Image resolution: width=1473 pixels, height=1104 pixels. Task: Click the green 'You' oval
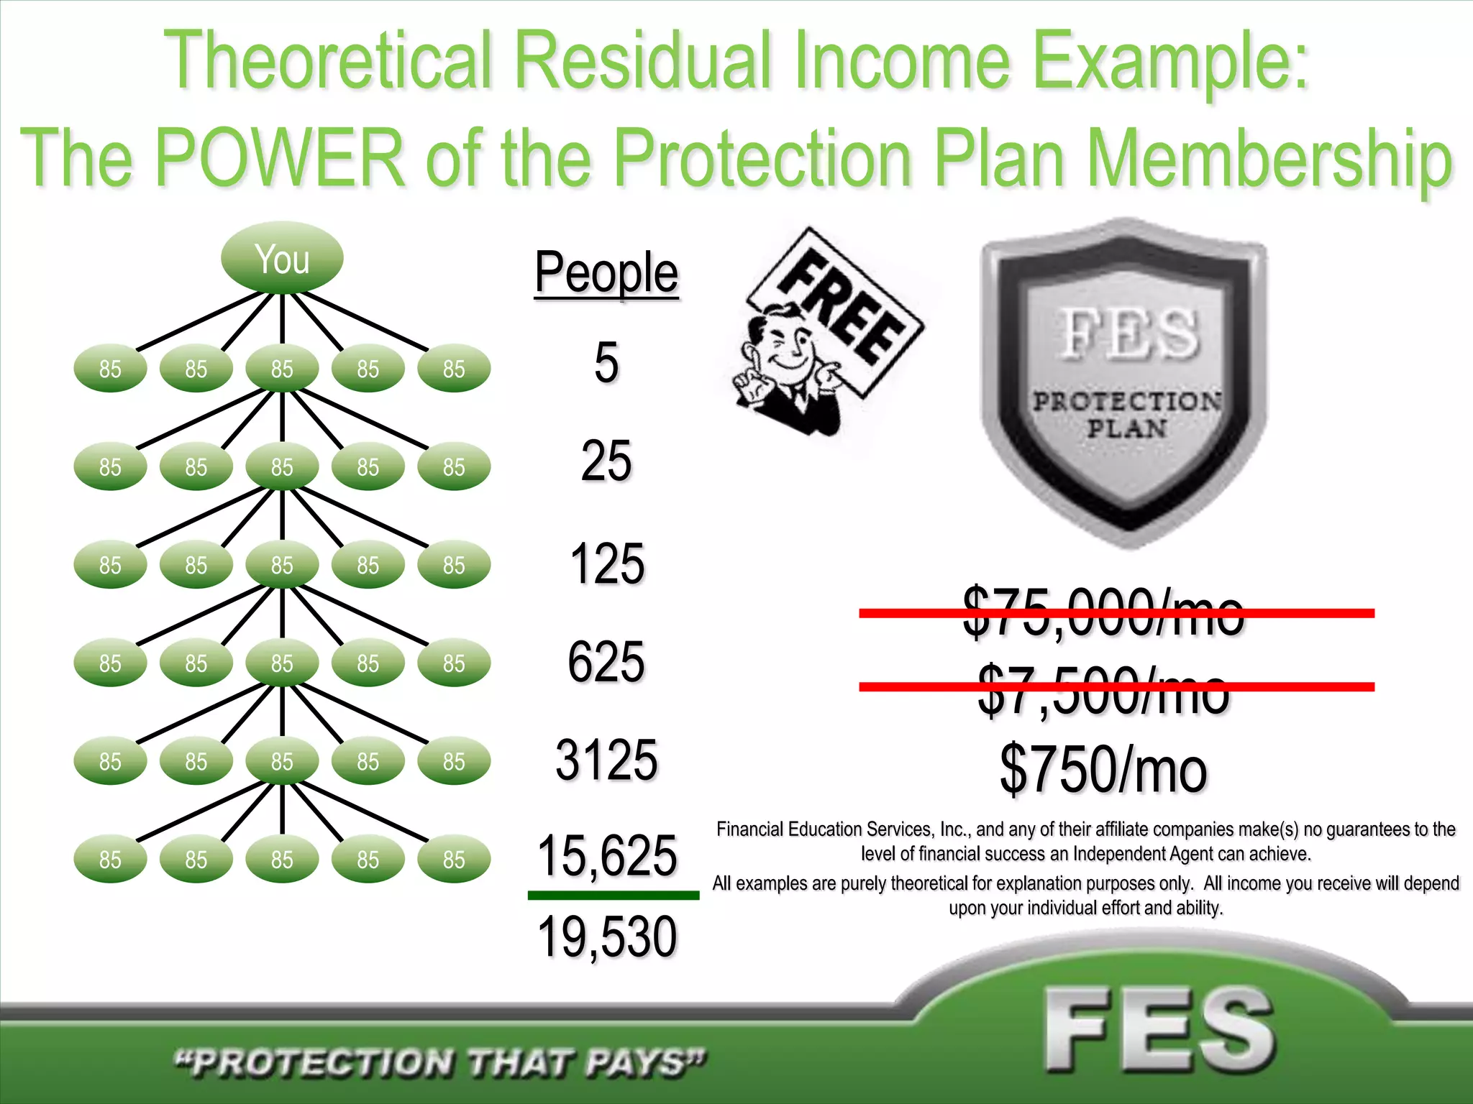point(282,258)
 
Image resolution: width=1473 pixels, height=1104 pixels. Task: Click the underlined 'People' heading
point(606,273)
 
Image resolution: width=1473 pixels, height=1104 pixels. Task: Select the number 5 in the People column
point(606,362)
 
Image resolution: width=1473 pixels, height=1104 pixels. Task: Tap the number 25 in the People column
point(606,461)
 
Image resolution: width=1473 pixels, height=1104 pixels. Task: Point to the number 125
point(606,564)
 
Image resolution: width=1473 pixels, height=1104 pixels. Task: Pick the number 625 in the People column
point(606,662)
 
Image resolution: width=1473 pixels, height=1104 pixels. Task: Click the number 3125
point(606,760)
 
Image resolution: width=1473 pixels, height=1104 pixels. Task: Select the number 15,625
point(606,856)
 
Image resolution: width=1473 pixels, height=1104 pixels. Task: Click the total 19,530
point(606,937)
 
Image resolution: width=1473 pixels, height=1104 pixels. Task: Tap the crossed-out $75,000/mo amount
point(1103,612)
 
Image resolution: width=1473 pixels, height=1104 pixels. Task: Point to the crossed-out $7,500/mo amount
point(1103,690)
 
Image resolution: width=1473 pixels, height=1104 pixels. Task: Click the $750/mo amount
point(1103,769)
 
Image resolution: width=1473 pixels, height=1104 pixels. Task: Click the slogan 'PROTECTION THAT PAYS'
point(440,1062)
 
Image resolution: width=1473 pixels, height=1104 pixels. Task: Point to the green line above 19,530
point(613,896)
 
